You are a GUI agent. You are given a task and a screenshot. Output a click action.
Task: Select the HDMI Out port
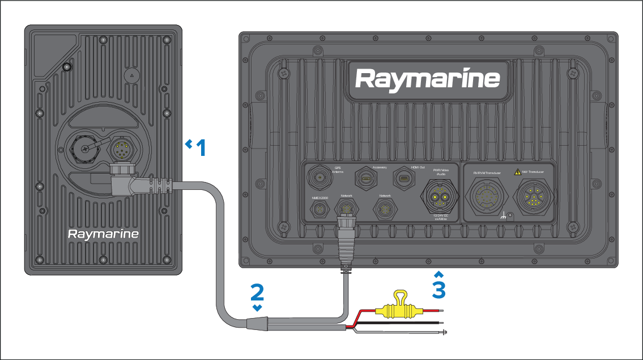pyautogui.click(x=405, y=179)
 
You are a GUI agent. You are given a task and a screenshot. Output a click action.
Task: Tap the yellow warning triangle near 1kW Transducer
pyautogui.click(x=517, y=171)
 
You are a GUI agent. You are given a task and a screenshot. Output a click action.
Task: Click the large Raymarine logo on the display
pyautogui.click(x=428, y=79)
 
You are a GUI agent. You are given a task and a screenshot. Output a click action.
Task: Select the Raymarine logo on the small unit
pyautogui.click(x=103, y=234)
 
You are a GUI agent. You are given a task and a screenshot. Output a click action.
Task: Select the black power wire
pyautogui.click(x=397, y=322)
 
